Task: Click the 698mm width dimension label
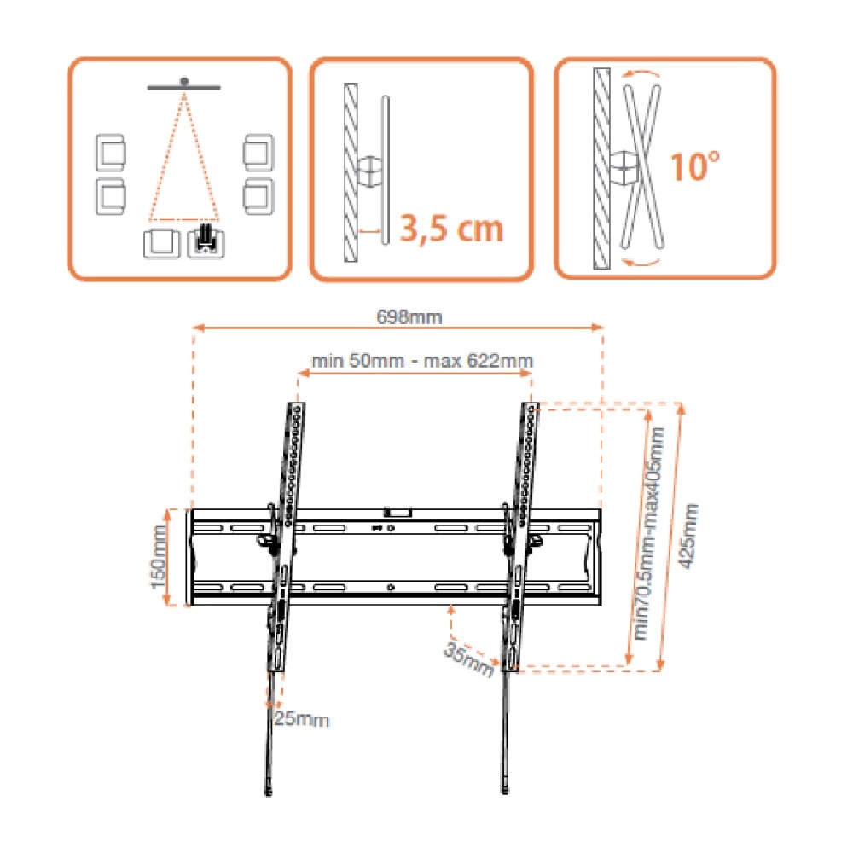point(409,316)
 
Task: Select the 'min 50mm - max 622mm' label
point(421,361)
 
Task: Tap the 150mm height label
point(159,556)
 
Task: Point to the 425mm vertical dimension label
point(689,536)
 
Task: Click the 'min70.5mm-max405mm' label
point(649,533)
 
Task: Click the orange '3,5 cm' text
point(451,229)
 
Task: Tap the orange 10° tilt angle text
point(695,166)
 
